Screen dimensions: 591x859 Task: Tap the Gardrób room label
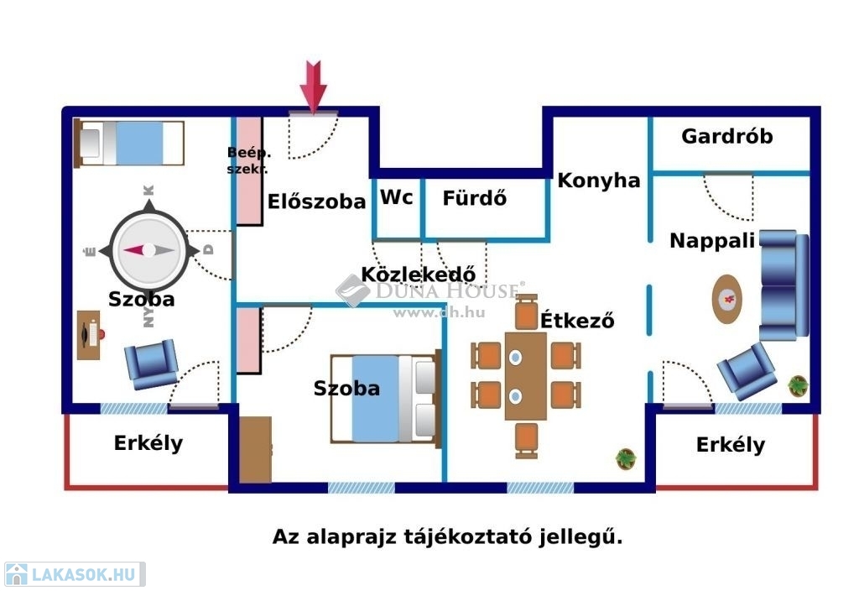tap(726, 136)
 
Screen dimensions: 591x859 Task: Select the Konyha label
tap(599, 180)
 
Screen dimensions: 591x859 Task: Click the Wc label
tap(397, 197)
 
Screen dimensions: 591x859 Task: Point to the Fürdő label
tap(475, 199)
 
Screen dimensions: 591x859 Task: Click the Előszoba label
tap(317, 201)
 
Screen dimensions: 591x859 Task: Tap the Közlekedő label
tap(419, 274)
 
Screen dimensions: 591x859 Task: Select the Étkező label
tap(577, 320)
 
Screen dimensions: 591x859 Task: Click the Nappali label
tap(712, 241)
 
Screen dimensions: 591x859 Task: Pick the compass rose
tap(148, 250)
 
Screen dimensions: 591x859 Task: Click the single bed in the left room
tap(130, 143)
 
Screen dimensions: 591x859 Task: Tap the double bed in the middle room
tap(385, 397)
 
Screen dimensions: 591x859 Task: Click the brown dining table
tap(526, 375)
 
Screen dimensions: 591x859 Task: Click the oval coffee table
tap(727, 298)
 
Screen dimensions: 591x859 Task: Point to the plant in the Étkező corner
tap(626, 458)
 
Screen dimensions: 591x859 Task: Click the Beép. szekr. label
tap(247, 160)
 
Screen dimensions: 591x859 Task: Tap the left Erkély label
tap(148, 442)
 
